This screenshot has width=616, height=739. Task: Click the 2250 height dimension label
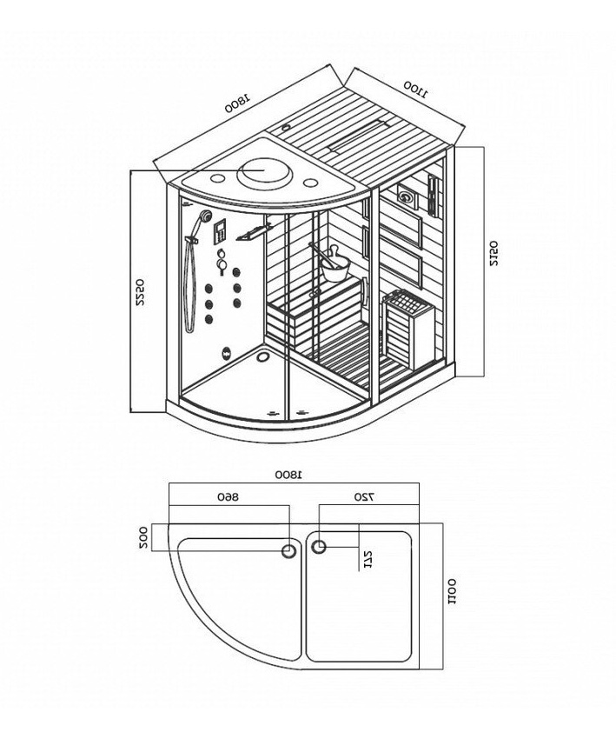click(140, 293)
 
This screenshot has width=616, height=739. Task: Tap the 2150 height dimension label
click(493, 254)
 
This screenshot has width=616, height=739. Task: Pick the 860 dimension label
click(229, 496)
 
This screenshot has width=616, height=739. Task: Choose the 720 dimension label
click(365, 496)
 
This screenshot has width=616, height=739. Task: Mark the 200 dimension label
click(143, 538)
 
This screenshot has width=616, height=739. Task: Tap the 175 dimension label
click(368, 559)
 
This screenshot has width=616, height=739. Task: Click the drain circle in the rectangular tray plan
click(319, 547)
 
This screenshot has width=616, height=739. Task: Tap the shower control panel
click(219, 231)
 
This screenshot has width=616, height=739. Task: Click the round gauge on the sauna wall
click(406, 195)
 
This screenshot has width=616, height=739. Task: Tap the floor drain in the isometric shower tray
click(260, 357)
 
